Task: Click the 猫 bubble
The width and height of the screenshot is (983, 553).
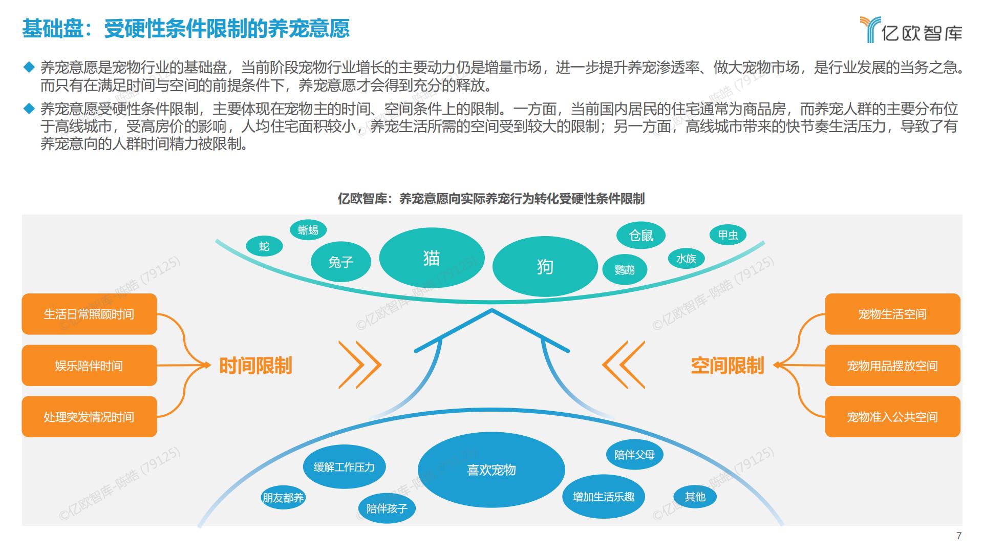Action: click(432, 258)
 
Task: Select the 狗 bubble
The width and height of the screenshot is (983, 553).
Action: click(545, 266)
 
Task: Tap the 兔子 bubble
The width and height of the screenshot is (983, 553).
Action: click(341, 262)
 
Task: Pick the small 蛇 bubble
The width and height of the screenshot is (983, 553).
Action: click(264, 246)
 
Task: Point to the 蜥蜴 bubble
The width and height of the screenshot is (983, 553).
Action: click(308, 230)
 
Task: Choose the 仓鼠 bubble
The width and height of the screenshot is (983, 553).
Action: click(641, 236)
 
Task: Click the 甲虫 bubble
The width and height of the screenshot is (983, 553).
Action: click(728, 235)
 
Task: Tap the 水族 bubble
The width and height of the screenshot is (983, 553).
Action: click(687, 259)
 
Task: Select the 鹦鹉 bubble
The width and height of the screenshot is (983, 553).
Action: click(625, 269)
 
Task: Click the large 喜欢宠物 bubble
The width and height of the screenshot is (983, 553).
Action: click(491, 470)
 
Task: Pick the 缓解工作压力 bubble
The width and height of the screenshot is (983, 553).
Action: click(344, 467)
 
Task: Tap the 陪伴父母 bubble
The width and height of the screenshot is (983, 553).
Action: click(634, 455)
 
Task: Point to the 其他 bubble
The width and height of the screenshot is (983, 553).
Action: click(695, 497)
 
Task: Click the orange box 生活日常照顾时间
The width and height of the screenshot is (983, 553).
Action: click(90, 314)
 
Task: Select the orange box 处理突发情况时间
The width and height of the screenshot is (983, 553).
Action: click(90, 417)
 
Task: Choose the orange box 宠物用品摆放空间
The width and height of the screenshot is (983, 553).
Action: click(892, 366)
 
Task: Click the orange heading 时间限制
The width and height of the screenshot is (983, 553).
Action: click(255, 366)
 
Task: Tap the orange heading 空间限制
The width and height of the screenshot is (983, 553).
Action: click(728, 366)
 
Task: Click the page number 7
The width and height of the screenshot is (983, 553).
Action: click(959, 536)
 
